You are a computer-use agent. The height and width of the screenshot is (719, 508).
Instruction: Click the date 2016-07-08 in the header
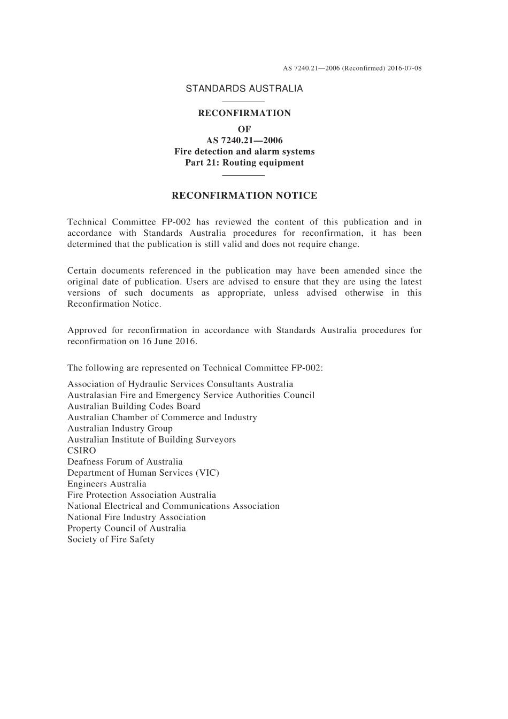[x=404, y=68]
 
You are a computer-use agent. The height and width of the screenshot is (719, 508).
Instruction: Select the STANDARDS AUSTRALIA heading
[x=244, y=89]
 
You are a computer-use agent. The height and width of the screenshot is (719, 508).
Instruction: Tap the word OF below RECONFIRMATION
[x=244, y=129]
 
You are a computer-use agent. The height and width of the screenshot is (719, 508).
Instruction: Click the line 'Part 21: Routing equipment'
[x=244, y=163]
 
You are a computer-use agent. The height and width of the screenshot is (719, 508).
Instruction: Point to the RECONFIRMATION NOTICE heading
[x=244, y=196]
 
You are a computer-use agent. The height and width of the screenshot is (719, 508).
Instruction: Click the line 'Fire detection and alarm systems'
[x=244, y=151]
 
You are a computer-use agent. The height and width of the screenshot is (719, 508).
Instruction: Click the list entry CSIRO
[x=82, y=451]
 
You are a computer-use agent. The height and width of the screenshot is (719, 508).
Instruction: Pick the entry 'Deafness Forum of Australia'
[x=125, y=461]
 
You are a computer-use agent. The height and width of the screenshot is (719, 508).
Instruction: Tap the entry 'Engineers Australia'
[x=107, y=484]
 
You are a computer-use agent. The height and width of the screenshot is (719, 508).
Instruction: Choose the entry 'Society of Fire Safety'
[x=111, y=539]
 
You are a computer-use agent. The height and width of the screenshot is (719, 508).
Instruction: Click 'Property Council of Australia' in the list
[x=127, y=528]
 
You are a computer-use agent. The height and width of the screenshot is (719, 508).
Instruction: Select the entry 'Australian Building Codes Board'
[x=134, y=406]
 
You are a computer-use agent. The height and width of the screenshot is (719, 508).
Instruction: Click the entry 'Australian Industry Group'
[x=120, y=428]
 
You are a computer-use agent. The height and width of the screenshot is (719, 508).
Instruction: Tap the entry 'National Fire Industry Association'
[x=136, y=517]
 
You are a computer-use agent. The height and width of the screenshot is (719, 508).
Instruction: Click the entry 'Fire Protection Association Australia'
[x=142, y=495]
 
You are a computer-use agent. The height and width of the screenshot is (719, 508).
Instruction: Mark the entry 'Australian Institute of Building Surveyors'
[x=151, y=439]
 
